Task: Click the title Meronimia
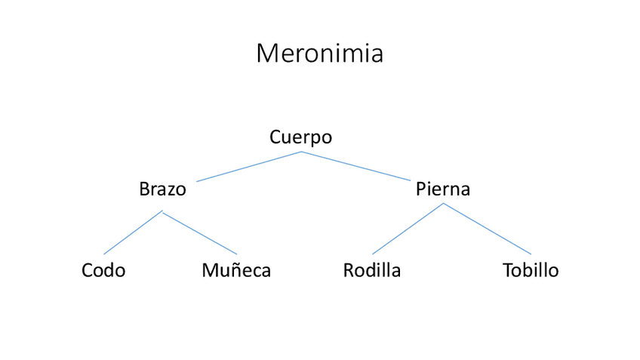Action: (319, 54)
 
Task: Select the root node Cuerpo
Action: (300, 137)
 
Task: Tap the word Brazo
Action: (162, 189)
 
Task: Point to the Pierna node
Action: (442, 189)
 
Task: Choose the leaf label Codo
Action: (103, 270)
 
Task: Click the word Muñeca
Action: (236, 270)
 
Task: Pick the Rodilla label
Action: (371, 270)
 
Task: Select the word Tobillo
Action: (531, 270)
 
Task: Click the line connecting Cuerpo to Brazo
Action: (249, 167)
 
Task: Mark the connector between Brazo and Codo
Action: (133, 232)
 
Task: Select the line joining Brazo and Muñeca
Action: (199, 232)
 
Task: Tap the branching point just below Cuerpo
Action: (301, 152)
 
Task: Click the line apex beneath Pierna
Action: (443, 204)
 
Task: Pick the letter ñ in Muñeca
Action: (229, 270)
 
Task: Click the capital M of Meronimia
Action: (268, 54)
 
